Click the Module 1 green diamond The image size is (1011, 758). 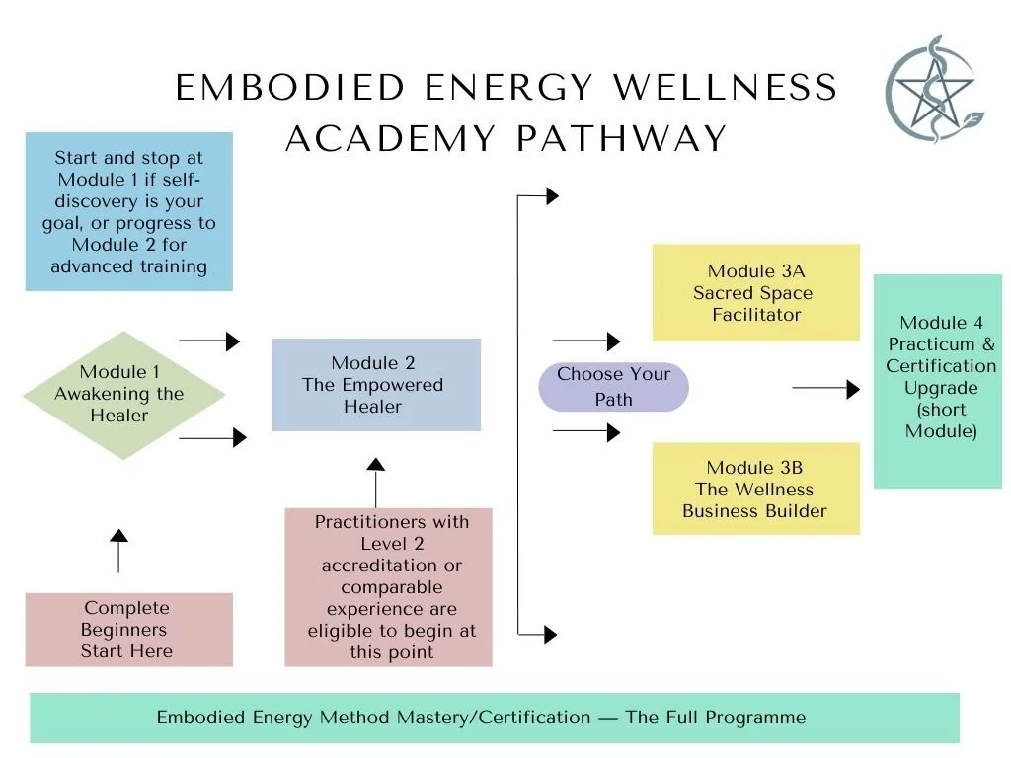[119, 394]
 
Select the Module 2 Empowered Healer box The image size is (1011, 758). [375, 385]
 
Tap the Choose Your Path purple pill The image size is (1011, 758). [613, 387]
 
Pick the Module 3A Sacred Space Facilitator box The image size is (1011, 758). [755, 293]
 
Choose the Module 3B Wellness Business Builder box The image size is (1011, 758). [755, 489]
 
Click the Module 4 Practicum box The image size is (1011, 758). [940, 380]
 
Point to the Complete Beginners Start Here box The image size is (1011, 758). [128, 630]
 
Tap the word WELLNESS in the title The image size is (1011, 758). [726, 89]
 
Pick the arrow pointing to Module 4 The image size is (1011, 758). [826, 389]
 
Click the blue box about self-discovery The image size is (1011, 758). [128, 211]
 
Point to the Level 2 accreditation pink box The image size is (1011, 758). [389, 587]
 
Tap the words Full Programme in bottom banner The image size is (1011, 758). [715, 718]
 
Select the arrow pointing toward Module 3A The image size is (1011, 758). [586, 341]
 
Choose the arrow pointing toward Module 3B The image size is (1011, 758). [586, 431]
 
